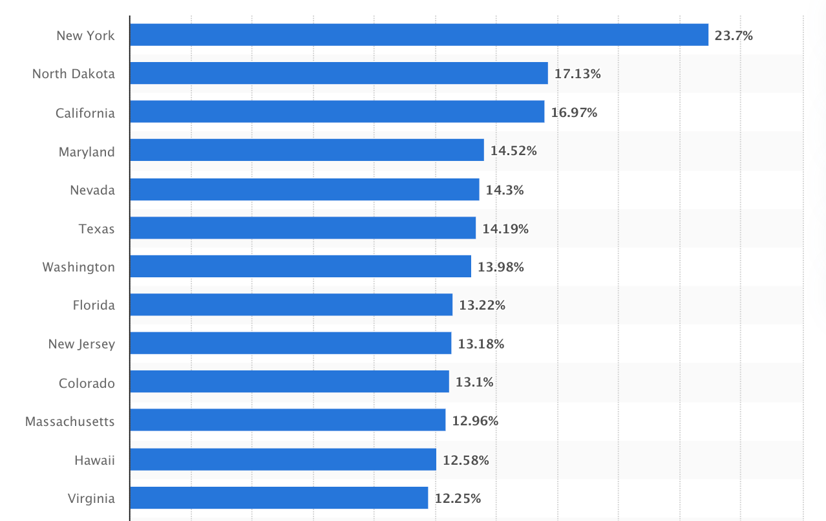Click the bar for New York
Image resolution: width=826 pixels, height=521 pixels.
click(419, 35)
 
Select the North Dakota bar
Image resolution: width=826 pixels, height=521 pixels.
click(339, 73)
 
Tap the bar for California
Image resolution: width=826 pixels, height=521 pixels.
click(337, 112)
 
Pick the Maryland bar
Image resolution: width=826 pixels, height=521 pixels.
click(306, 151)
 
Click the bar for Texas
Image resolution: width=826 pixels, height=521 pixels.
click(302, 228)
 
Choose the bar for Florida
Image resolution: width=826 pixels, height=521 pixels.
click(291, 305)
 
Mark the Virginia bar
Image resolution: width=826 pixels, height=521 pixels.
click(279, 498)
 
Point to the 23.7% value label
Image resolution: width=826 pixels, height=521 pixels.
click(734, 36)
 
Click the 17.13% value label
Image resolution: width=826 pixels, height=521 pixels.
click(577, 74)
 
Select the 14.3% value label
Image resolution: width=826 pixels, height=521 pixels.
click(504, 190)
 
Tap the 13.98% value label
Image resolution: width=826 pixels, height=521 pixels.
click(500, 267)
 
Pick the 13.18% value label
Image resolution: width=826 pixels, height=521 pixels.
click(481, 344)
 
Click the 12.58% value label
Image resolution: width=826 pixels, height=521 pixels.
click(465, 460)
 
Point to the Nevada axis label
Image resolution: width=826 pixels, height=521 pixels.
click(92, 190)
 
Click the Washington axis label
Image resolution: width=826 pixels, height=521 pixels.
click(79, 267)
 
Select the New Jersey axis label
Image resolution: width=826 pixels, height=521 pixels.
click(81, 344)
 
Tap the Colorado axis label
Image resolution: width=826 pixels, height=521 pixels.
click(87, 383)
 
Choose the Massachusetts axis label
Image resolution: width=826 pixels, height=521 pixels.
click(70, 421)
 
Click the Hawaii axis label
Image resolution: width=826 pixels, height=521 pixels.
click(94, 460)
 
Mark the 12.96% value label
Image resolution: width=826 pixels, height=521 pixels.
click(475, 421)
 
